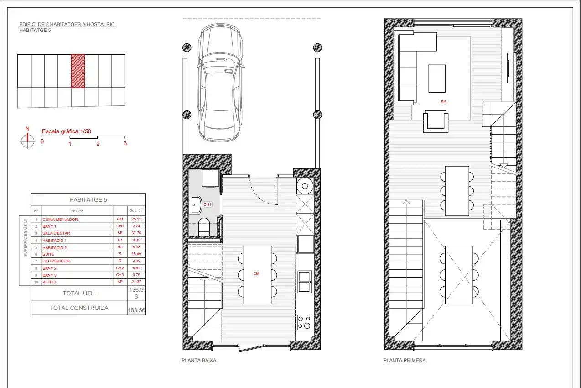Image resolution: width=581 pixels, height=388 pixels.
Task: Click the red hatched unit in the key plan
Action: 78,71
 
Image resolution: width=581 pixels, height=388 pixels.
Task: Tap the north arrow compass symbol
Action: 27,141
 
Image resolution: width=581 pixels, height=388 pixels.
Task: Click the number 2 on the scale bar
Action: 98,143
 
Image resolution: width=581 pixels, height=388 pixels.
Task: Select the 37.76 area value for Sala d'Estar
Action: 136,233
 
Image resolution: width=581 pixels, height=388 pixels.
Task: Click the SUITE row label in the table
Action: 48,254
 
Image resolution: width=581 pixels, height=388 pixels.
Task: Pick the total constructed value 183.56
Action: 136,310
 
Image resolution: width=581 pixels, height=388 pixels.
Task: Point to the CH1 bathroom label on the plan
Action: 207,204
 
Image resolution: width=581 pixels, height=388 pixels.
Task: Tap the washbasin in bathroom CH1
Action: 195,205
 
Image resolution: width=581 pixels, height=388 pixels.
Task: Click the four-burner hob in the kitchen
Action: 304,322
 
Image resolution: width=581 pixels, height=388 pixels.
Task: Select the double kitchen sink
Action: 305,282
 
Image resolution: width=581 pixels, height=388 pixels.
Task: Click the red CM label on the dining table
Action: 256,273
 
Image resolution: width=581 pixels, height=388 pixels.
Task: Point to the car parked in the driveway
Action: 220,83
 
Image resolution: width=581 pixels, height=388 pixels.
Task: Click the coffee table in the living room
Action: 437,79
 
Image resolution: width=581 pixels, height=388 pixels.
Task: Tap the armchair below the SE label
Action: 436,121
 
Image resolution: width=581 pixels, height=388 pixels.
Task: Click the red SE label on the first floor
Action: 443,102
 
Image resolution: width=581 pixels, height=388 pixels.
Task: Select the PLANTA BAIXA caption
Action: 199,360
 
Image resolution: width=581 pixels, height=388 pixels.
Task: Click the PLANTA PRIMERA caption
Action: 405,360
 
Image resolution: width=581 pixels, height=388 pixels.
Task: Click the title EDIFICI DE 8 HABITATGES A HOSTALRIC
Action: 67,24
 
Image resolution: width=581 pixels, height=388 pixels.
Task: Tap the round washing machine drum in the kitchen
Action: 305,186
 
